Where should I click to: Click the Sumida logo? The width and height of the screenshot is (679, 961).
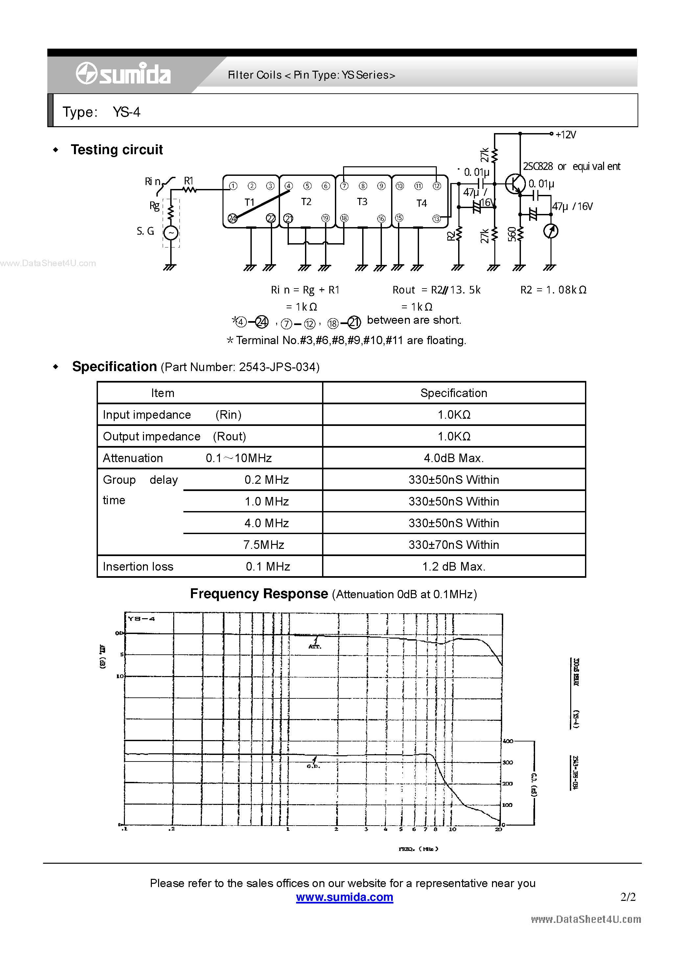pyautogui.click(x=123, y=74)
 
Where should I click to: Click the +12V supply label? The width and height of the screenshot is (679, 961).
pyautogui.click(x=566, y=135)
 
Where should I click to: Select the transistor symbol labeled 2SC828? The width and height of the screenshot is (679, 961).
pyautogui.click(x=515, y=184)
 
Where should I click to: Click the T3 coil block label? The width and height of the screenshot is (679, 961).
pyautogui.click(x=362, y=202)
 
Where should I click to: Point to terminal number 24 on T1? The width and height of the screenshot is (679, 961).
pyautogui.click(x=233, y=218)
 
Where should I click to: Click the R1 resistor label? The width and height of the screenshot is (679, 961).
pyautogui.click(x=189, y=181)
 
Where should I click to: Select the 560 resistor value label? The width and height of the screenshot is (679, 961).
pyautogui.click(x=512, y=234)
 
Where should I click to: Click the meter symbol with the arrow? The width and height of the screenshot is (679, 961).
pyautogui.click(x=551, y=231)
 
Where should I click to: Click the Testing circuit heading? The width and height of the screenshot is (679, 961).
pyautogui.click(x=117, y=150)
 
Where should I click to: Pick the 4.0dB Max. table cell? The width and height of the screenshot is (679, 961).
pyautogui.click(x=454, y=458)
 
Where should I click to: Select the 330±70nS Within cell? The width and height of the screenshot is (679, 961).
pyautogui.click(x=454, y=545)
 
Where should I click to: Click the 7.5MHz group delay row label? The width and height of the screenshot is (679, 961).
pyautogui.click(x=264, y=545)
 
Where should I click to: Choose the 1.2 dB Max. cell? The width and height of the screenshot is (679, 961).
pyautogui.click(x=454, y=566)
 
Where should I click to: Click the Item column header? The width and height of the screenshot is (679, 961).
pyautogui.click(x=163, y=393)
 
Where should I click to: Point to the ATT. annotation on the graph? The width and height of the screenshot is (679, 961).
pyautogui.click(x=315, y=646)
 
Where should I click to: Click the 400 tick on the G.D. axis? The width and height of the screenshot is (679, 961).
pyautogui.click(x=508, y=741)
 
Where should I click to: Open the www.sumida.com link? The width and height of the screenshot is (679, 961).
pyautogui.click(x=344, y=897)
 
